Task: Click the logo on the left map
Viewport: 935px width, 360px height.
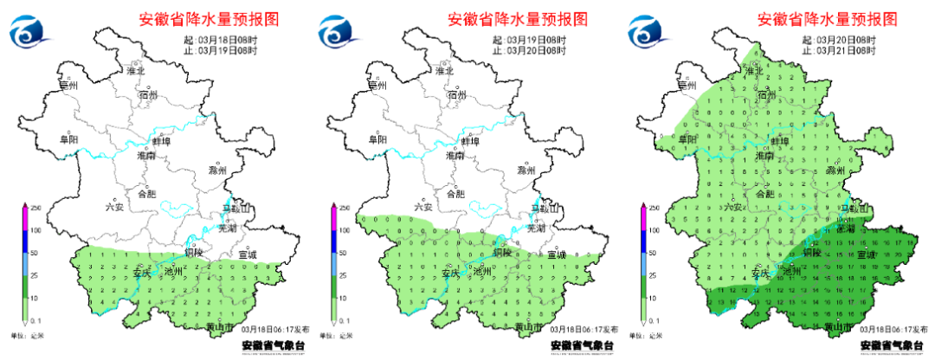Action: pos(31,33)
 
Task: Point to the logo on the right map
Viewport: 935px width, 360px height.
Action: pos(649,33)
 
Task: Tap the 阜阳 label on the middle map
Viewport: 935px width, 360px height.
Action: pos(377,138)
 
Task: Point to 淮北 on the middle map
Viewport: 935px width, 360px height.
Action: pos(445,70)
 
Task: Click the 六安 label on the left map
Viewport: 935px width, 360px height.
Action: pos(114,207)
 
